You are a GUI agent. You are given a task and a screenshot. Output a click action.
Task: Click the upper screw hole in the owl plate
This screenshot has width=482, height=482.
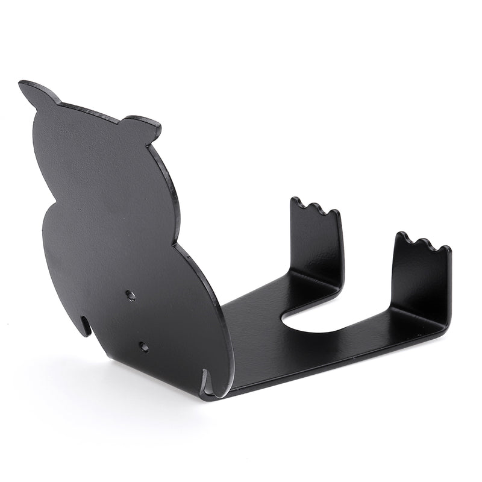click(130, 295)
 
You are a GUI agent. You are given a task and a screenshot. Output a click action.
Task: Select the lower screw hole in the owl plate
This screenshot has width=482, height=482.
click(143, 347)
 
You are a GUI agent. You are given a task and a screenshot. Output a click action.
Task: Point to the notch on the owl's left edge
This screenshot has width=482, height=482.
click(88, 326)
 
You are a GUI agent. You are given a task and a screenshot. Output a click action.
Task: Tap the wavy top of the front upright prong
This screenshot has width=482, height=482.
click(422, 243)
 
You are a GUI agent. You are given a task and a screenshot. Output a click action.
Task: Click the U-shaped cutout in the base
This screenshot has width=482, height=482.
click(313, 319)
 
